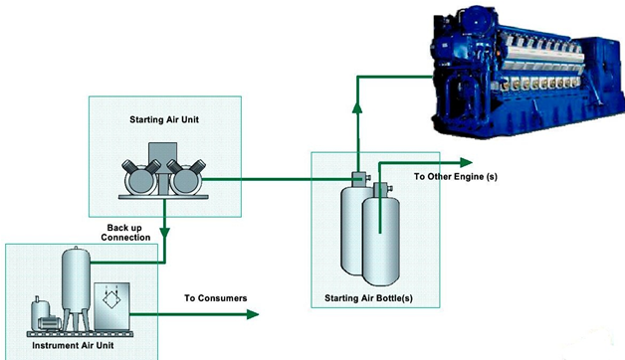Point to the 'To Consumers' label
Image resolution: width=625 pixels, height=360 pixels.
pos(216,298)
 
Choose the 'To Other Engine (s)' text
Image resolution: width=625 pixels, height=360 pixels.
pos(456,177)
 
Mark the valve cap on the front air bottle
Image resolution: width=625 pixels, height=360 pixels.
pos(379,187)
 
